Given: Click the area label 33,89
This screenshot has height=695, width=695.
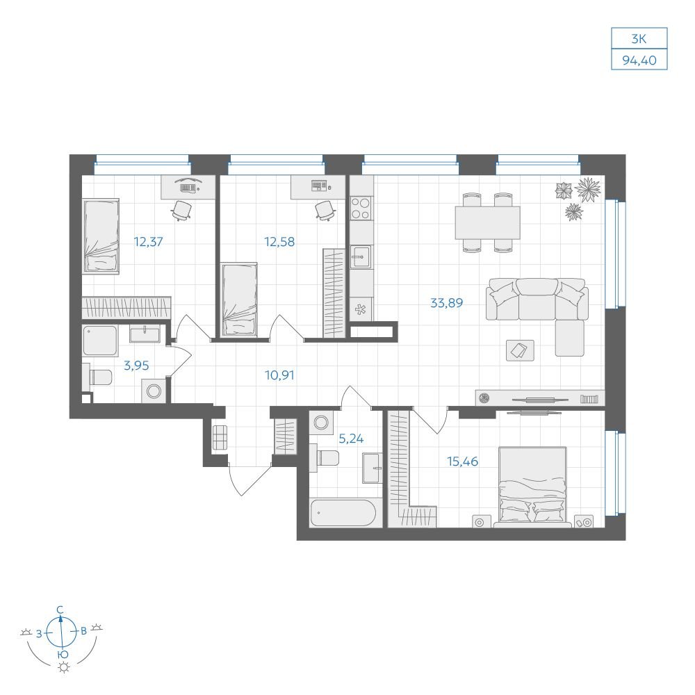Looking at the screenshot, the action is pos(446,303).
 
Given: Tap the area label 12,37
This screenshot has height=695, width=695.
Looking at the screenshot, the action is pos(149,242).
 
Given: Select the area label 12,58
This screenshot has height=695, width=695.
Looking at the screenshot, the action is pos(279,242).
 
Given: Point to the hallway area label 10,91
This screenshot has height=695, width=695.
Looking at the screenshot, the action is pos(279,375).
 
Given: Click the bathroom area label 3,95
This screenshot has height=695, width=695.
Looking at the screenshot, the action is pos(136,366).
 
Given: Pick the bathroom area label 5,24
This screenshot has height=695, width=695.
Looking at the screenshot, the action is pos(351,439).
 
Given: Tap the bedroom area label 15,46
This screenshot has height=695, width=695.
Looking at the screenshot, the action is pos(462,462).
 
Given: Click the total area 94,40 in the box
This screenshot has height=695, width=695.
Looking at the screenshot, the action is pos(639,60).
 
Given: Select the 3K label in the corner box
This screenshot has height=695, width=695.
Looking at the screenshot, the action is pos(639,39).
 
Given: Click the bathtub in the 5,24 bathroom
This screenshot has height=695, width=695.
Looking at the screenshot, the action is pos(343,514).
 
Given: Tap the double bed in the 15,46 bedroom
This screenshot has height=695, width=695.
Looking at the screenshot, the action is pos(532,484).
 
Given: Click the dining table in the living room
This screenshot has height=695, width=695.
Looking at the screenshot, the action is pos(488,222).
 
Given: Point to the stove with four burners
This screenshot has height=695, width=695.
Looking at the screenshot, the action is pos(360,208).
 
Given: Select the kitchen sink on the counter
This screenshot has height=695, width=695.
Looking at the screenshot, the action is pos(361,257).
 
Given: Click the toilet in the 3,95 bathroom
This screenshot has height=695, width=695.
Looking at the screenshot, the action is pos(97,377).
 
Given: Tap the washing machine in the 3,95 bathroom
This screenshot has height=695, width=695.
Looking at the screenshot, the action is pos(154,391).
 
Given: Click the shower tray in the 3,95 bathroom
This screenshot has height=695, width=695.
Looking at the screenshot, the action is pos(100,341).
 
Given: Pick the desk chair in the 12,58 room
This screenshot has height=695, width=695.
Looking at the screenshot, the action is pos(325,210).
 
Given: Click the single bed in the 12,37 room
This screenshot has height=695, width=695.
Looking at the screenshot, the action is pos(101,236).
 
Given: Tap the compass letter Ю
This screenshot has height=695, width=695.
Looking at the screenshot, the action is pos(63,655).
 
